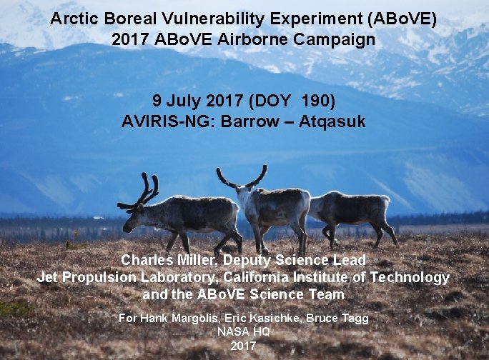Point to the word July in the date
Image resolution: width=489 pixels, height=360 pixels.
pos(184,101)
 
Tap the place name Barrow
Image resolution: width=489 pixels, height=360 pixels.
pos(250,121)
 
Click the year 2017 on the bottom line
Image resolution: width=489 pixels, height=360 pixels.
pos(243,346)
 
